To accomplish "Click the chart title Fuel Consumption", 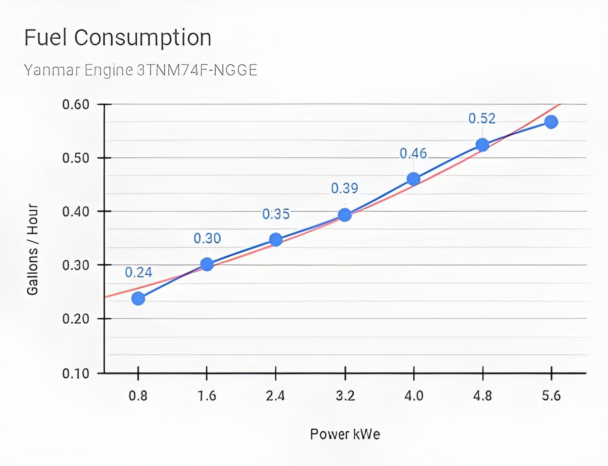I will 117,37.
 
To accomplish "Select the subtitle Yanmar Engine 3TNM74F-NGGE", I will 140,70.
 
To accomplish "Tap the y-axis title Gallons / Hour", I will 32,249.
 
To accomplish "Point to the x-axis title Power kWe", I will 345,434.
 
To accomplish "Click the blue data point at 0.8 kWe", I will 138,298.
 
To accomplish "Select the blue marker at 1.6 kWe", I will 207,264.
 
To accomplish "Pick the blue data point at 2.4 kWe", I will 276,240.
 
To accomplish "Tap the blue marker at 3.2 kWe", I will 345,215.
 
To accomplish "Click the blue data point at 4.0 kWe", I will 414,179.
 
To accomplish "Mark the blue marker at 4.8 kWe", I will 482,145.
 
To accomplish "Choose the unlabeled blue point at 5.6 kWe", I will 551,122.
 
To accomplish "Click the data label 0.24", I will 138,273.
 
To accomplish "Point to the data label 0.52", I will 482,119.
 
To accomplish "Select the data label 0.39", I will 345,188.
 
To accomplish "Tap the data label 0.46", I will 413,154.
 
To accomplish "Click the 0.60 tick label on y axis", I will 76,104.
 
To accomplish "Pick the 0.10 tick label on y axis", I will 76,373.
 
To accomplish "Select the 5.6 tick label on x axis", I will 551,396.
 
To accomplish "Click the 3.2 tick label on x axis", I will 345,396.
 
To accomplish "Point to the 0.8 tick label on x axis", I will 138,396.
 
